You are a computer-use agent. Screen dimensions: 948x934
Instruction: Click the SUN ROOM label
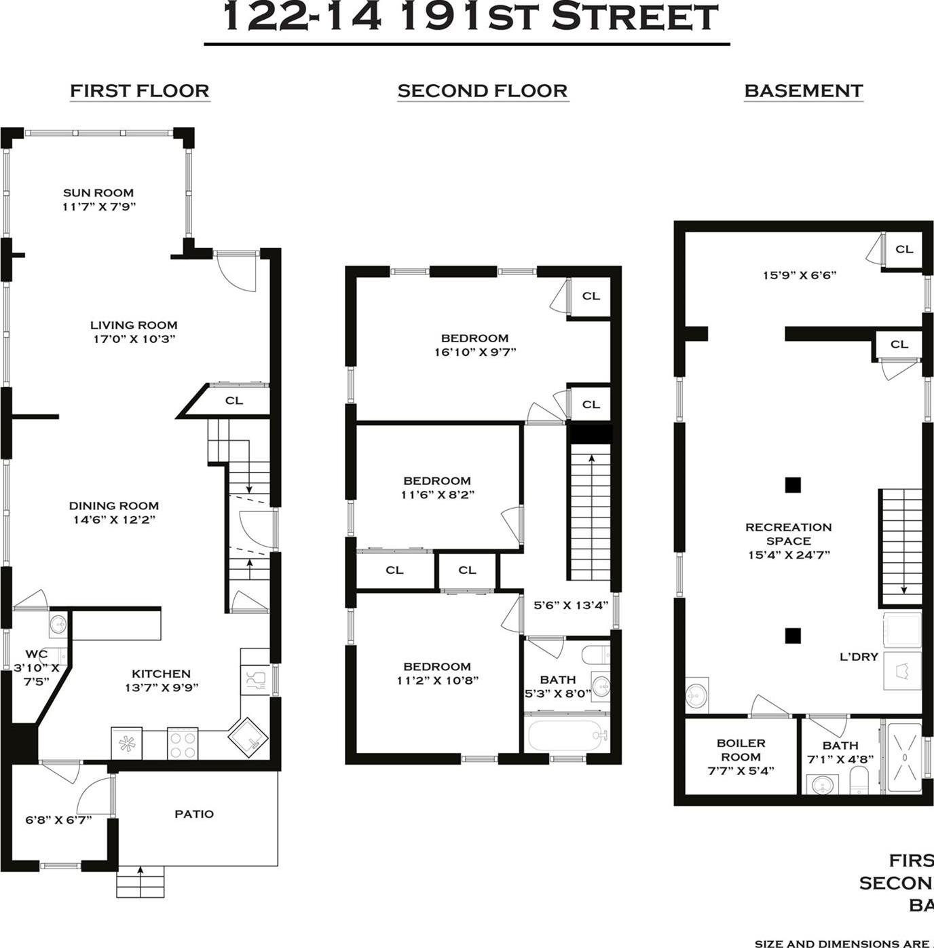click(x=98, y=193)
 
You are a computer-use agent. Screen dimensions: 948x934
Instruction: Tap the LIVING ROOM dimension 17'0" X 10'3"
click(x=134, y=339)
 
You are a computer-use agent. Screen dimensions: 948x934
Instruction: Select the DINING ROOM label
click(x=113, y=506)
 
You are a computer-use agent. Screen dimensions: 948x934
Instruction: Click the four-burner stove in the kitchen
click(x=182, y=744)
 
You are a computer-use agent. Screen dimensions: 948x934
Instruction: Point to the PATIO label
click(x=194, y=814)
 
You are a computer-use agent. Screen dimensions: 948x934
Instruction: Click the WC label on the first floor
click(x=37, y=654)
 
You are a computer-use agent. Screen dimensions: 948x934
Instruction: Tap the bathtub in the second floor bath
click(x=566, y=735)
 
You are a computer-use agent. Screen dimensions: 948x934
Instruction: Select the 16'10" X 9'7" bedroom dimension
click(x=474, y=352)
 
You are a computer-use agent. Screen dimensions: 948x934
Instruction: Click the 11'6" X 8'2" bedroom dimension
click(x=437, y=494)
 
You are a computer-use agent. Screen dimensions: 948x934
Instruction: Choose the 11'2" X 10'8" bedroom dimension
click(x=437, y=680)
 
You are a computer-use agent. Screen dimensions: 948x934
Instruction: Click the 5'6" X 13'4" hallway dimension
click(x=570, y=605)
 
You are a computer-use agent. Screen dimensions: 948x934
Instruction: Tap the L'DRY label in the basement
click(x=859, y=657)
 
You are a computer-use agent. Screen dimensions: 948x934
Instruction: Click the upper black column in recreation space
click(x=792, y=485)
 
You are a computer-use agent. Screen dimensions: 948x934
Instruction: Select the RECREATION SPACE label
click(x=788, y=534)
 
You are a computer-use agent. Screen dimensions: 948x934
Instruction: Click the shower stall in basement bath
click(x=903, y=758)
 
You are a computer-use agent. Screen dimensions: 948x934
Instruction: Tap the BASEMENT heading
click(x=803, y=91)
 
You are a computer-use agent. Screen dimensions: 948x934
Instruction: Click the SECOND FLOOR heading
click(x=482, y=91)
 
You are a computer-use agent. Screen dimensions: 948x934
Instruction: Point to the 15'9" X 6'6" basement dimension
click(x=799, y=275)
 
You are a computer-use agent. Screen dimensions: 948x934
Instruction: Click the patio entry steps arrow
click(x=141, y=872)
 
